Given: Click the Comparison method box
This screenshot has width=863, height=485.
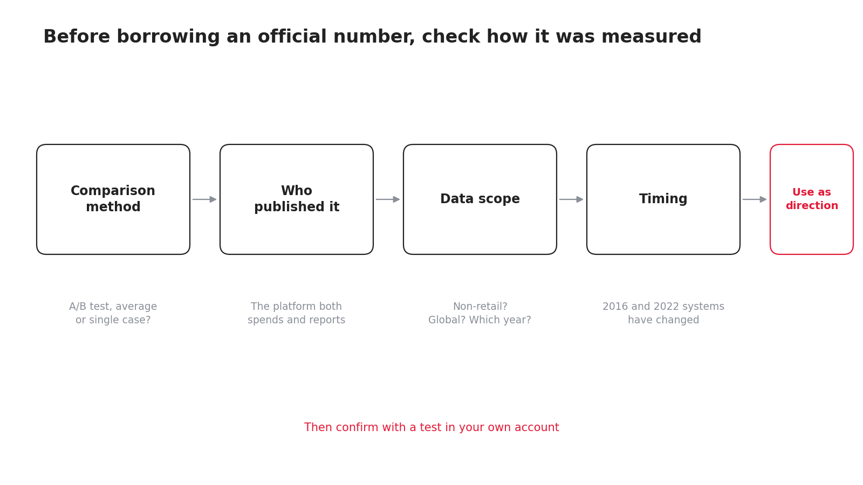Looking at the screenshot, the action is point(113,199).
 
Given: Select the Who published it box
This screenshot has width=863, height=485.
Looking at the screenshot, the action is point(297,199).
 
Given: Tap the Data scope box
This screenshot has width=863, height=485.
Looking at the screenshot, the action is point(480,199).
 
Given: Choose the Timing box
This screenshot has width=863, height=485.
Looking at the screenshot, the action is point(663,199).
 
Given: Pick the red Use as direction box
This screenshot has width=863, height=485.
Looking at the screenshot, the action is point(812,199).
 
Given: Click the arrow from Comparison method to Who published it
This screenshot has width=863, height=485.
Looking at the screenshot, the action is point(204,199).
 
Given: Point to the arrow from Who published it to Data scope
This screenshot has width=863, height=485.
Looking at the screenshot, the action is point(388,199).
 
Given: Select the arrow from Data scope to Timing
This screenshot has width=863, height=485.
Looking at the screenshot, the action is point(571,199).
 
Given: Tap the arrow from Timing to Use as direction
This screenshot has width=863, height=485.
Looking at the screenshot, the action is point(755,199).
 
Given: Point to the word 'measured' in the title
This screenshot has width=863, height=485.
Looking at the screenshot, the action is point(652,37).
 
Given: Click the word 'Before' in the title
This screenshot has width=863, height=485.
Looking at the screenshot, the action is point(77,37).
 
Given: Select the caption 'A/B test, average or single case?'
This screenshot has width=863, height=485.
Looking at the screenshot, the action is point(113,313).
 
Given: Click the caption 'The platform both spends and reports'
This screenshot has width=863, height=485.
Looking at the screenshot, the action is point(296,313).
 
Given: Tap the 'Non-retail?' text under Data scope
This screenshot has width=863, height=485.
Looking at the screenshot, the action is point(480,307).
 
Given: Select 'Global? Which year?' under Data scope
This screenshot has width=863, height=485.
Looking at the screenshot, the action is point(480,320).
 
